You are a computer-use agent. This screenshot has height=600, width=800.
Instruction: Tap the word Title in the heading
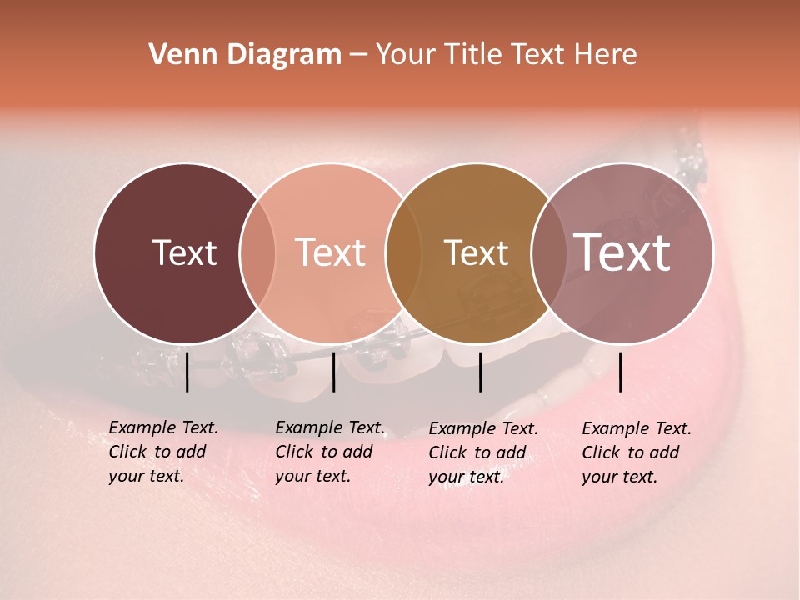pyautogui.click(x=472, y=55)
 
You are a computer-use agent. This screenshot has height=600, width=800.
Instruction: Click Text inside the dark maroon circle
pyautogui.click(x=184, y=253)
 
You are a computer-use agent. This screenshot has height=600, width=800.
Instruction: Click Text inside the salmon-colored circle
pyautogui.click(x=331, y=253)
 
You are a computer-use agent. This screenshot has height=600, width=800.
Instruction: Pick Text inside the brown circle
pyautogui.click(x=476, y=253)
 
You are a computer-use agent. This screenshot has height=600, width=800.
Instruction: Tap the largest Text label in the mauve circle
pyautogui.click(x=622, y=252)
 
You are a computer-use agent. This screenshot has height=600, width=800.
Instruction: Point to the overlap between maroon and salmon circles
pyautogui.click(x=257, y=253)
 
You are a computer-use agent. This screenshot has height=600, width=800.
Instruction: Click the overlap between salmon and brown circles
pyautogui.click(x=403, y=253)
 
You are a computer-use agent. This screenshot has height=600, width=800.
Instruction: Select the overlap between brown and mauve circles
pyautogui.click(x=548, y=253)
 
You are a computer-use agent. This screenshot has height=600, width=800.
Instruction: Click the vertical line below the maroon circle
pyautogui.click(x=187, y=372)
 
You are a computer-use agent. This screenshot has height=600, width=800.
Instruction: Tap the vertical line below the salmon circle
pyautogui.click(x=333, y=372)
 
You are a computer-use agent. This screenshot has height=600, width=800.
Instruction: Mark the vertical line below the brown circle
pyautogui.click(x=480, y=372)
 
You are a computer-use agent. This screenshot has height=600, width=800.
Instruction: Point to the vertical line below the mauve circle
pyautogui.click(x=620, y=372)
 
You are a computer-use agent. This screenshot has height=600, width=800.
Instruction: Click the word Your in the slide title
pyautogui.click(x=405, y=55)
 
